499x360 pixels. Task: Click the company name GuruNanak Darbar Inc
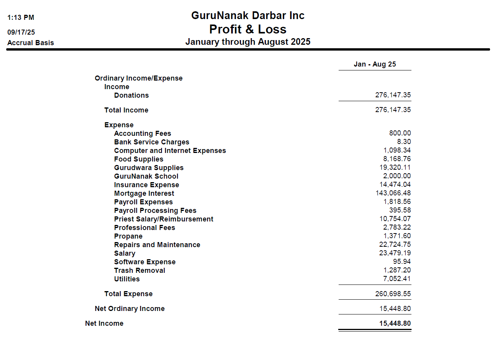248,16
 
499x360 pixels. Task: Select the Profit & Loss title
248,29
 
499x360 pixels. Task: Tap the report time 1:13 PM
21,18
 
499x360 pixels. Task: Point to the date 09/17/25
21,32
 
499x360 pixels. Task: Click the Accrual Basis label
30,43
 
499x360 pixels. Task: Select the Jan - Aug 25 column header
374,64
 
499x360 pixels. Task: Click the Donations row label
131,95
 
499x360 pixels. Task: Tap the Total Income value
393,110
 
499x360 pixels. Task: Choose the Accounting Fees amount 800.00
400,133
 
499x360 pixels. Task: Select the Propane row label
128,236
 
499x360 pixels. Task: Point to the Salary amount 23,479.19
395,253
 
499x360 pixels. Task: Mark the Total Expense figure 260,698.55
393,293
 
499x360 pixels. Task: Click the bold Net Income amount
395,323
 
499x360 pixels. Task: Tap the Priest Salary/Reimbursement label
163,219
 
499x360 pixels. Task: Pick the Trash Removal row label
139,270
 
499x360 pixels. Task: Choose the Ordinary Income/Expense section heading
139,78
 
